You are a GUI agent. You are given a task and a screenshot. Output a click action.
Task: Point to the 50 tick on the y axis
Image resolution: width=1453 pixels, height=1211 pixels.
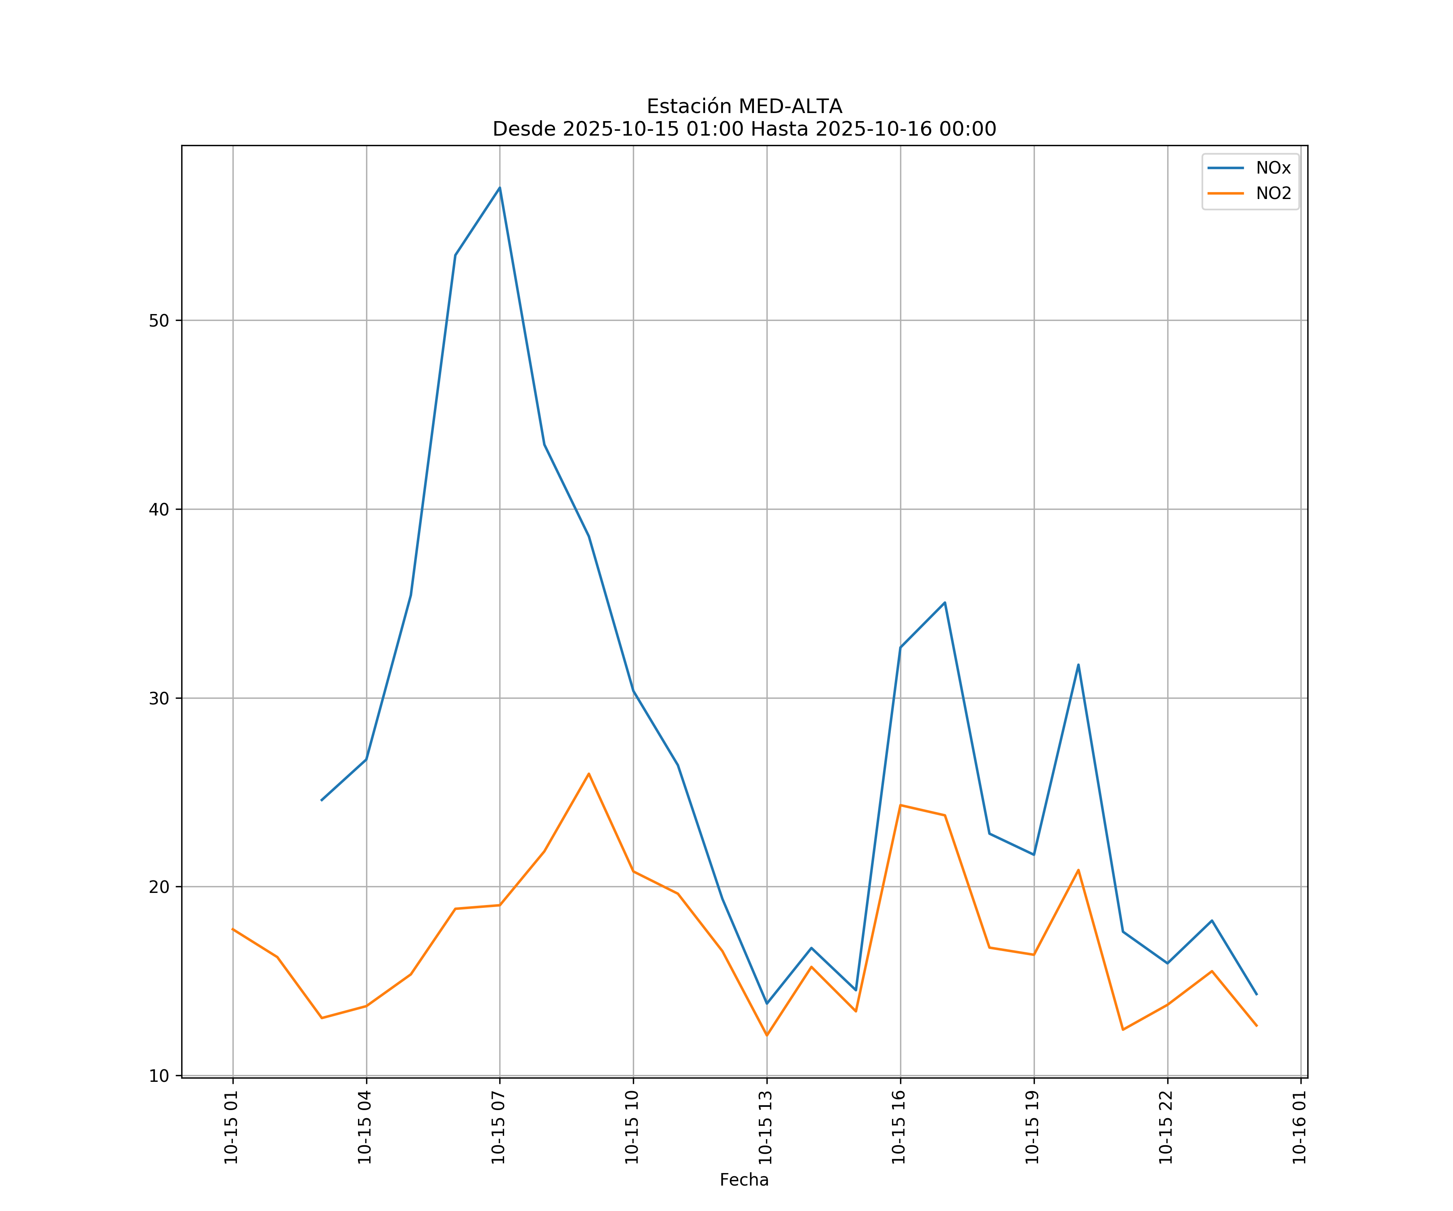[159, 321]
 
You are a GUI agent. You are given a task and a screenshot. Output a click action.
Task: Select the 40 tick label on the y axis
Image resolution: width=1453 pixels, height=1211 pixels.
[159, 509]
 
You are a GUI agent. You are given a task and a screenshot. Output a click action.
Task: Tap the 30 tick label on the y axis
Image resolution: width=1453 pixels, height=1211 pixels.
[159, 698]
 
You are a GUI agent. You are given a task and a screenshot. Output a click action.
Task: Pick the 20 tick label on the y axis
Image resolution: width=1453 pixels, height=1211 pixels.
[159, 887]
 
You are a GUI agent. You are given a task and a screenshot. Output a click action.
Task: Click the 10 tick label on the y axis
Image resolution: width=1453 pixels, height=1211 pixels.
[159, 1076]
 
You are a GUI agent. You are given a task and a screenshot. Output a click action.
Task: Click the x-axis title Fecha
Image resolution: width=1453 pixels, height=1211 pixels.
[744, 1180]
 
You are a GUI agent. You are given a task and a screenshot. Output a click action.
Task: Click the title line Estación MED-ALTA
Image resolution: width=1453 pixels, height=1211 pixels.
[744, 107]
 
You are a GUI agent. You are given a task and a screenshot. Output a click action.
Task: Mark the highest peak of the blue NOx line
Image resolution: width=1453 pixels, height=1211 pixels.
[500, 188]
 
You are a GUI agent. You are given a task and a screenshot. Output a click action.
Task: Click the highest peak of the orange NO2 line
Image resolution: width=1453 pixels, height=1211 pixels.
[589, 774]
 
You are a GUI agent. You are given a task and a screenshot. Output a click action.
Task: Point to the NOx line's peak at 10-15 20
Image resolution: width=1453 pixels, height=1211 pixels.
[1078, 665]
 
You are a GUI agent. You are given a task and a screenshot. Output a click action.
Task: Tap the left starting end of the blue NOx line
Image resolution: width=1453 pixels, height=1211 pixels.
[322, 800]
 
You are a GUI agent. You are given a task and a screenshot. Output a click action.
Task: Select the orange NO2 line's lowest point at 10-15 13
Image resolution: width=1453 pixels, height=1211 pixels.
[766, 1035]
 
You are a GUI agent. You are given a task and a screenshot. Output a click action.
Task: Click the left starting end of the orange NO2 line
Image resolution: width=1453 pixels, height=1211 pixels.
[233, 929]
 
